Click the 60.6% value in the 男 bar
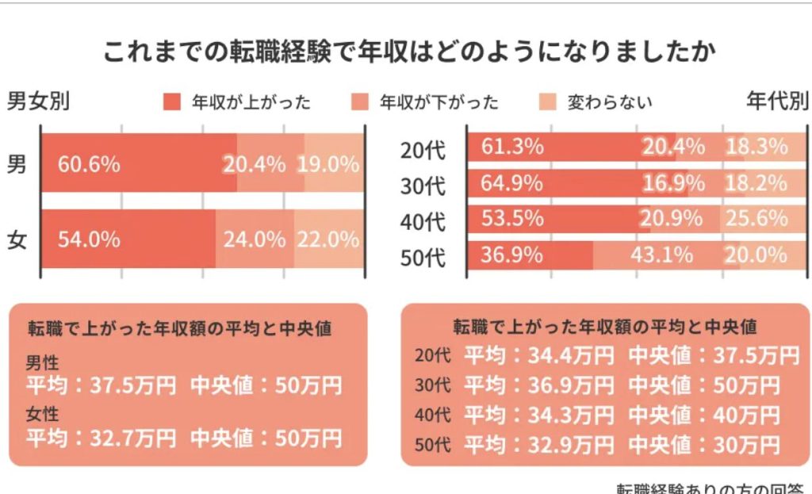[89, 165]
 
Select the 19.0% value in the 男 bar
[328, 165]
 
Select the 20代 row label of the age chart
[424, 148]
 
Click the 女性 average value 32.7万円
[124, 437]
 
